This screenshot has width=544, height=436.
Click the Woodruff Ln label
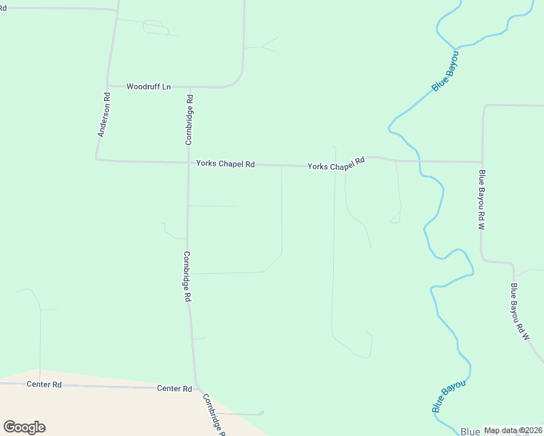coord(148,86)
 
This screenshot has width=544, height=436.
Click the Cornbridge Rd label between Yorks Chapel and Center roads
coord(187,276)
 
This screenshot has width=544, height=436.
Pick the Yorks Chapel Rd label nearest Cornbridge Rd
coord(225,164)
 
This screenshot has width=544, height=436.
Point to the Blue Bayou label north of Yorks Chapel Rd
coord(446,71)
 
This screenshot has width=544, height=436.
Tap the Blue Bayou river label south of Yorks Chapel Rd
coord(448,395)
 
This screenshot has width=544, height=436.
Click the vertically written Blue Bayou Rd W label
coord(481,200)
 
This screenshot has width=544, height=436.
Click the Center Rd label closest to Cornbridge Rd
coord(175,389)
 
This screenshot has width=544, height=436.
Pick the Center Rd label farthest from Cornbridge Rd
coord(44,384)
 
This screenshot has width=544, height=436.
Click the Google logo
coord(24,427)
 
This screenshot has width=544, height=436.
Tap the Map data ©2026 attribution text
coord(513,430)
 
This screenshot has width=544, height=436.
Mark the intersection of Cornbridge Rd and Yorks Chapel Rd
coord(188,163)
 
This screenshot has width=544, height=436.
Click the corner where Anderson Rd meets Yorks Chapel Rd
coord(97,160)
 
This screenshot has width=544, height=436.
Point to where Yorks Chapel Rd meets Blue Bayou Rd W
coord(482,161)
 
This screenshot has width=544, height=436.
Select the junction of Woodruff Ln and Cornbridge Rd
coord(189,86)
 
